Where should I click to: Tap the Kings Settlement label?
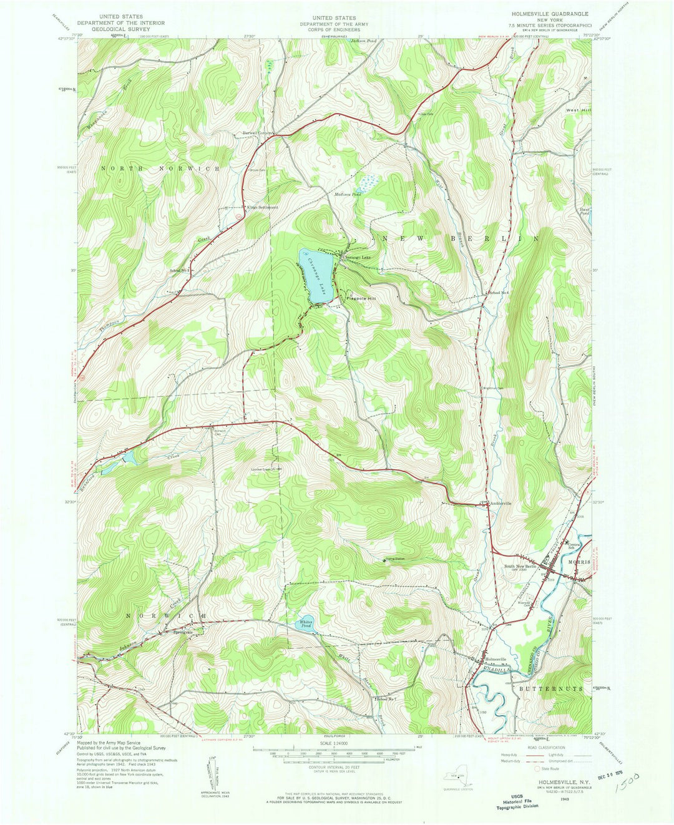tap(262, 207)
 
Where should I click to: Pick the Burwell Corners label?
tap(258, 134)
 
